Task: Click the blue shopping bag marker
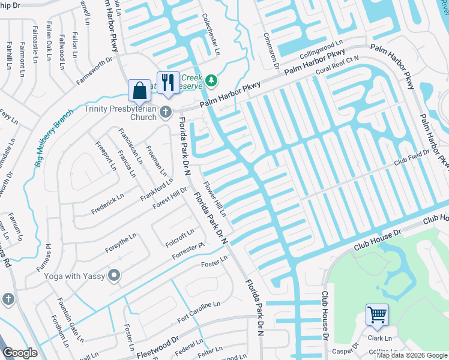pyautogui.click(x=139, y=91)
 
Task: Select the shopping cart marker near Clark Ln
pyautogui.click(x=377, y=314)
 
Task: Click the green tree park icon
pyautogui.click(x=211, y=80)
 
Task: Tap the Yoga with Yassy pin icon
pyautogui.click(x=113, y=276)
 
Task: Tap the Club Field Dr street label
pyautogui.click(x=412, y=157)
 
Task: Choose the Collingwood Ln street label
pyautogui.click(x=321, y=47)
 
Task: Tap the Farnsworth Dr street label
pyautogui.click(x=94, y=71)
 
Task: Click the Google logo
pyautogui.click(x=19, y=353)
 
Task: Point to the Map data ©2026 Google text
pyautogui.click(x=411, y=355)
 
